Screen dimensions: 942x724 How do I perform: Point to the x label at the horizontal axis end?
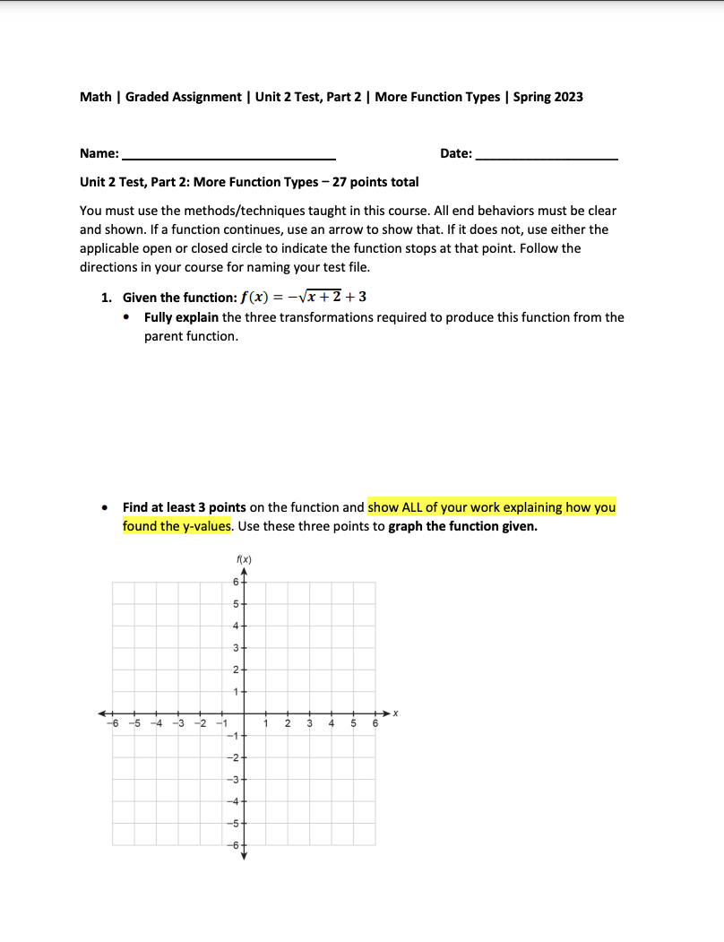pyautogui.click(x=394, y=713)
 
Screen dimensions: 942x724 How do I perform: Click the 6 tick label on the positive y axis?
pyautogui.click(x=235, y=582)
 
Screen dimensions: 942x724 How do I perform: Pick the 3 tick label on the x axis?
pyautogui.click(x=309, y=724)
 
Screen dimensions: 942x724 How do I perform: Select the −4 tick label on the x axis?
pyautogui.click(x=155, y=724)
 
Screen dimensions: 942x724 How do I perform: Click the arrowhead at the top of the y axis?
pyautogui.click(x=243, y=570)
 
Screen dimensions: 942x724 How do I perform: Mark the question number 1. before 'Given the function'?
pyautogui.click(x=106, y=298)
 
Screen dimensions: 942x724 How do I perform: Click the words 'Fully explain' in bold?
pyautogui.click(x=182, y=317)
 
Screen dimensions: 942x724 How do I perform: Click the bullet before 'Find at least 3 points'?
pyautogui.click(x=106, y=507)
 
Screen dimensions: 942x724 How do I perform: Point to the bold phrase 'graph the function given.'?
pyautogui.click(x=462, y=526)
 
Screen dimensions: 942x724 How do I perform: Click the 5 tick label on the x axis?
pyautogui.click(x=353, y=724)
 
